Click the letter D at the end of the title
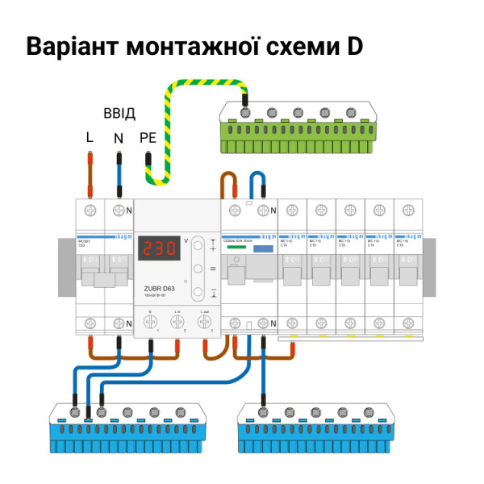pos(354,46)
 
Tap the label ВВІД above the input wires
pos(119,112)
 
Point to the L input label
pos(90,138)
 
